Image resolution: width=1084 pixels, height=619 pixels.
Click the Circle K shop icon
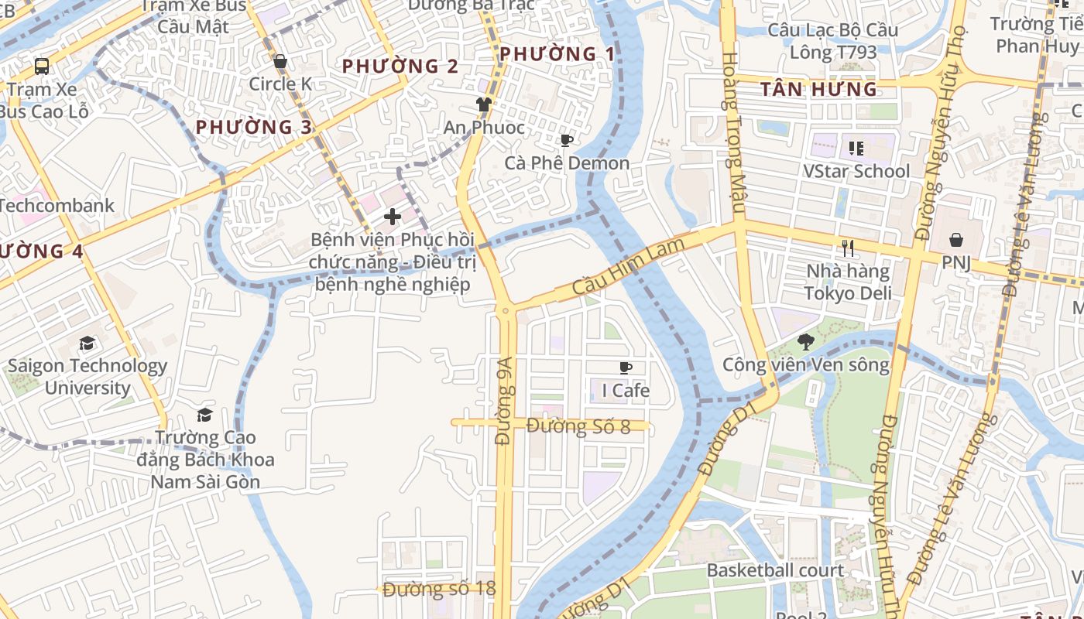(x=280, y=61)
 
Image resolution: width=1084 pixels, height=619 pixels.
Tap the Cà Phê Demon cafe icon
(x=567, y=140)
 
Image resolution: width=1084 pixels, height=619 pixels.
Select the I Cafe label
(x=626, y=391)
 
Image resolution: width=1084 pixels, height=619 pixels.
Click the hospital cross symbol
(x=393, y=217)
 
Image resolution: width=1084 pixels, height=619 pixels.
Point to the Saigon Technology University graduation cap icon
(x=87, y=343)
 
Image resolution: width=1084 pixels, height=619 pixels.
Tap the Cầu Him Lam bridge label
(x=629, y=266)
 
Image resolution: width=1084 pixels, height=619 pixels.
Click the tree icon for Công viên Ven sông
(x=806, y=341)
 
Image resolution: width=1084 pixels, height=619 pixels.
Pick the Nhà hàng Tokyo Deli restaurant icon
(x=848, y=248)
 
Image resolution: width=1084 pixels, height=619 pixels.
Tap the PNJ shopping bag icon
(x=956, y=240)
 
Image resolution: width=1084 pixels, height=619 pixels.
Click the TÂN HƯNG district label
(x=818, y=90)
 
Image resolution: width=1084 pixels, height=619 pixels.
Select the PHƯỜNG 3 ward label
(x=254, y=127)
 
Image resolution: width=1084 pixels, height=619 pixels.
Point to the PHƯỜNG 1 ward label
(x=557, y=54)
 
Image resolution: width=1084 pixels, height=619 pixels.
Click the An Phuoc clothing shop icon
(x=484, y=104)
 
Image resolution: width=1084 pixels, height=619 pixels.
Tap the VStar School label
(x=856, y=171)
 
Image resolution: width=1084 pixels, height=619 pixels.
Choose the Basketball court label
(x=775, y=571)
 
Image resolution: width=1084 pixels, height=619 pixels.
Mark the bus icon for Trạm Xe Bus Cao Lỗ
(x=42, y=67)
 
